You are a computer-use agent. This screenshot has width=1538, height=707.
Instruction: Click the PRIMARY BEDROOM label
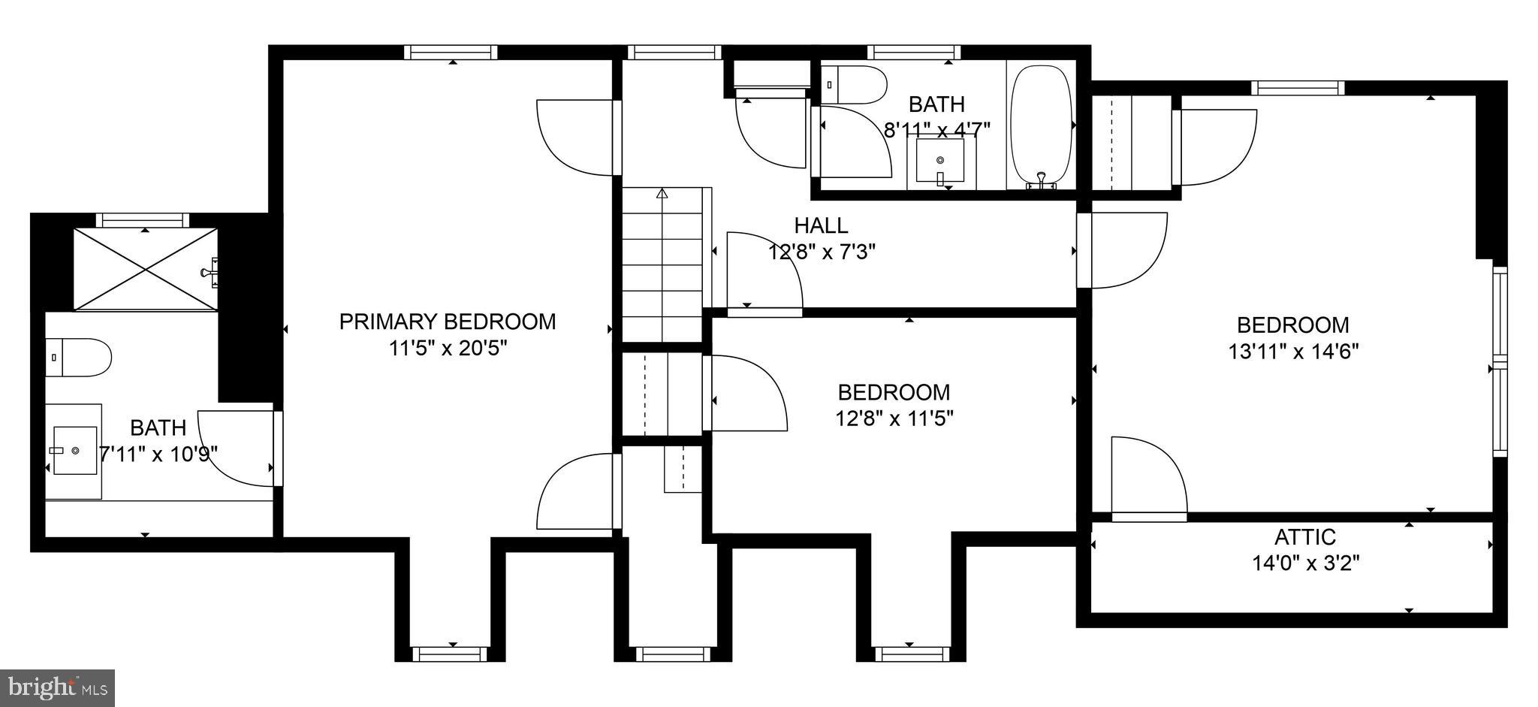coord(448,322)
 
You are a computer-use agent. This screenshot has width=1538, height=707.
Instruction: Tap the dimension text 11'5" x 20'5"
coord(448,349)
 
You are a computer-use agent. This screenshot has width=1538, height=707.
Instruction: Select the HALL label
coord(821,225)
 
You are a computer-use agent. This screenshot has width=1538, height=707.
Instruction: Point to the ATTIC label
coord(1305,537)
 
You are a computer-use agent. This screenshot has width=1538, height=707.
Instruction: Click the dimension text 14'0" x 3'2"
coord(1306,563)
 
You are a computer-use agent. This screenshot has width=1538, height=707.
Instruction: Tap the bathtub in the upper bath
coord(1041,126)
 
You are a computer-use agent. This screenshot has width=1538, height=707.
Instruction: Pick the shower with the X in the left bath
coord(145,268)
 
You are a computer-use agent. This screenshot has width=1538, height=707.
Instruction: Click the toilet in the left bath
coord(78,358)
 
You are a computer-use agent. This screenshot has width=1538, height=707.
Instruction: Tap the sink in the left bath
coord(74,451)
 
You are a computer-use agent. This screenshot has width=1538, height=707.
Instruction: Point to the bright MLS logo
coord(57,687)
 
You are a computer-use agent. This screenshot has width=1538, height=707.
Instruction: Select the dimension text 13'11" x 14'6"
coord(1293,352)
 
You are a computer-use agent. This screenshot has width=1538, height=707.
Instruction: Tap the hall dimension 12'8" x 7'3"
coord(822,252)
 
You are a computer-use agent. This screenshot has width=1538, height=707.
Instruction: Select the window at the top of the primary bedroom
coord(451,52)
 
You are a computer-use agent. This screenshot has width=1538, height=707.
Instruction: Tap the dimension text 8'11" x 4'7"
coord(936,130)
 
